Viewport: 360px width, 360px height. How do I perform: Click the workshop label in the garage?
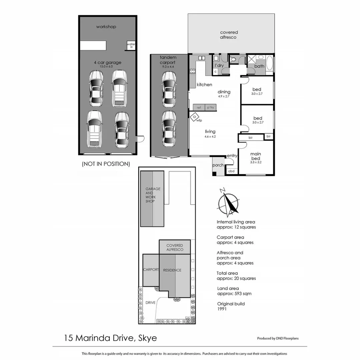(x=106, y=27)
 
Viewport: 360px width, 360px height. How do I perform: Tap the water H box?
(x=131, y=46)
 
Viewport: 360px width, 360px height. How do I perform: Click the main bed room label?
(x=256, y=156)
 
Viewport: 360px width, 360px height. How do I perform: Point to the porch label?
(x=218, y=165)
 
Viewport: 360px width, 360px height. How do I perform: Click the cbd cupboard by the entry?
(x=231, y=171)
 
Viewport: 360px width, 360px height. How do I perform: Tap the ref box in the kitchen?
(x=199, y=107)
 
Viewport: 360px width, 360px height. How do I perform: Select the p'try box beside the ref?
(x=211, y=107)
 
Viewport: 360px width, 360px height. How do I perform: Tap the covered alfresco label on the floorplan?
(x=229, y=35)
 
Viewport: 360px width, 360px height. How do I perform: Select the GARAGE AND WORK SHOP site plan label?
(x=153, y=195)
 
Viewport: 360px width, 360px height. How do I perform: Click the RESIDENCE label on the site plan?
(x=172, y=270)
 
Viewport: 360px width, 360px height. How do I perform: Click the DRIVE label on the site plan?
(x=150, y=303)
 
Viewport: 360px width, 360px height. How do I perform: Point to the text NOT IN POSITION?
(x=105, y=164)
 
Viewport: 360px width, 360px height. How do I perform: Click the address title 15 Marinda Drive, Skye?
(x=110, y=338)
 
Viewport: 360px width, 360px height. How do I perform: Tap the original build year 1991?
(x=222, y=309)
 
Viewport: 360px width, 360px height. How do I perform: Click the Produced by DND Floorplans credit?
(x=278, y=338)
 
